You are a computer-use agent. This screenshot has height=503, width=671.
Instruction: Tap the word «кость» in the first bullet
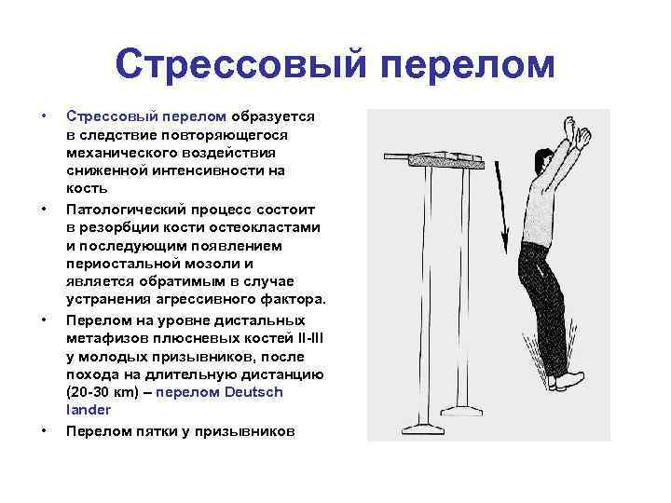click(86, 188)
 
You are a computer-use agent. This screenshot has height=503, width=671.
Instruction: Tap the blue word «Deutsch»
click(253, 391)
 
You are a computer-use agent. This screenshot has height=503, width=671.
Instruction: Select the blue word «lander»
click(89, 409)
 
